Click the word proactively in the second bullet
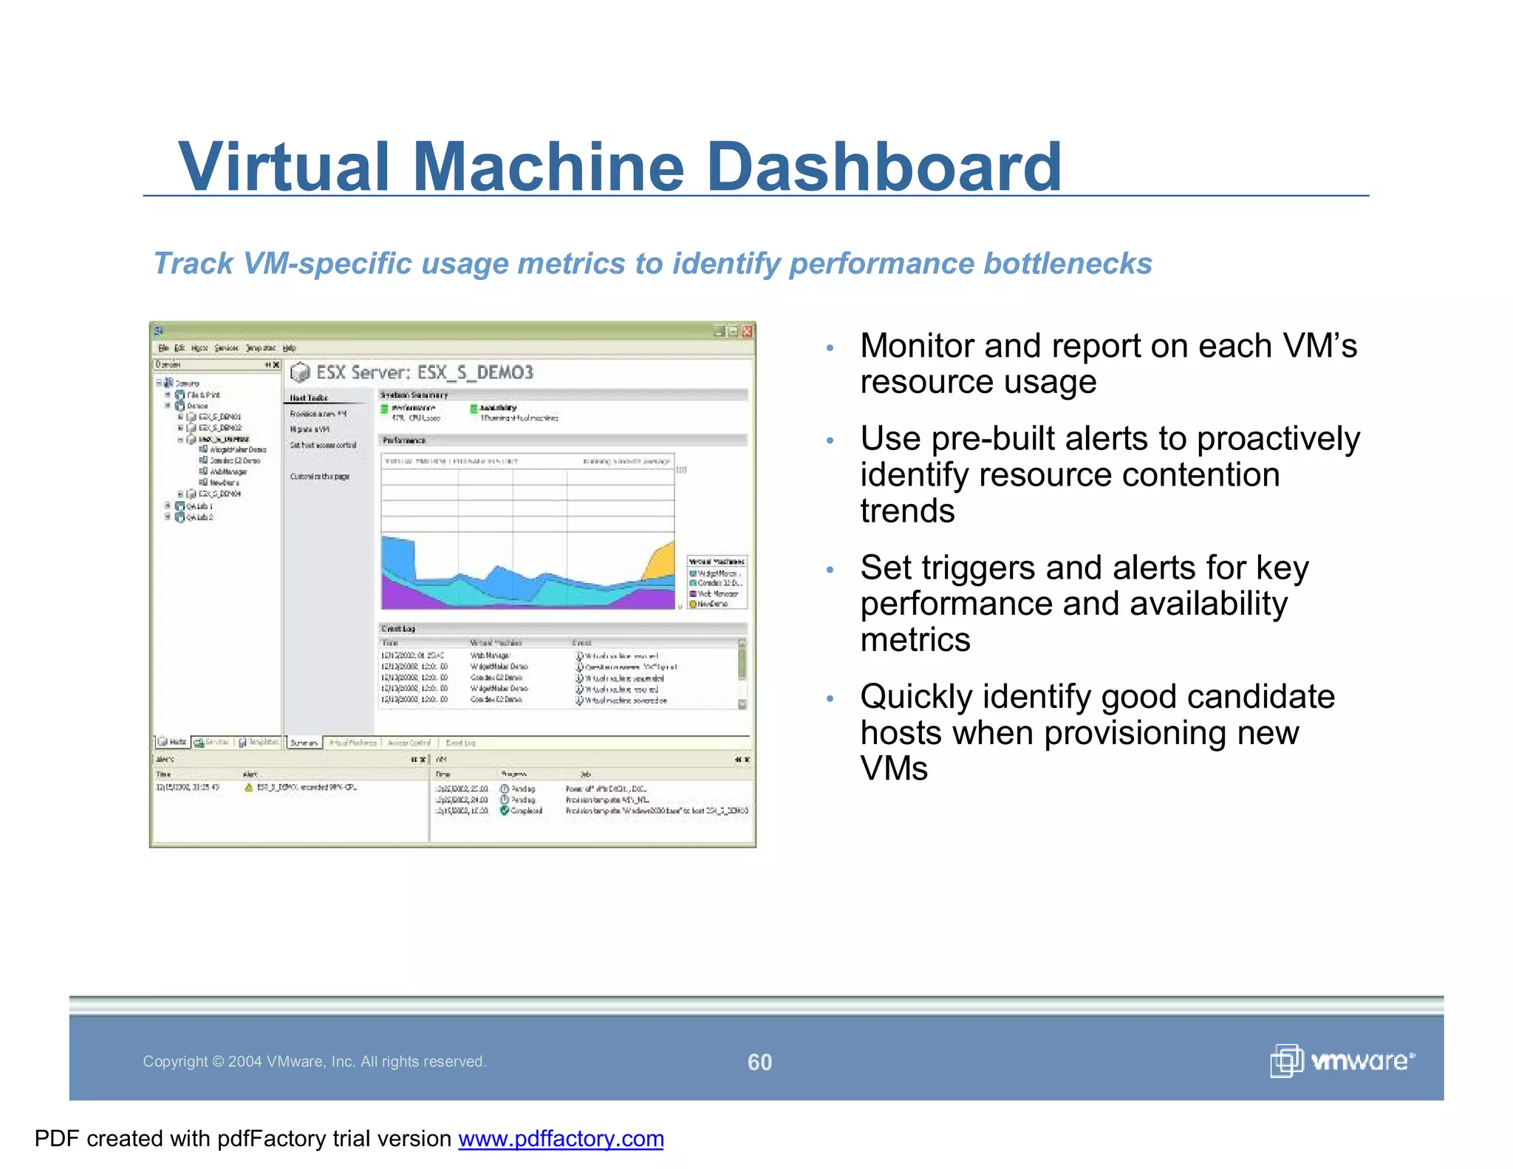(x=1278, y=439)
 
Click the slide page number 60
(x=759, y=1062)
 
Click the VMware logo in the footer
(x=1342, y=1061)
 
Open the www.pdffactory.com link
(x=561, y=1139)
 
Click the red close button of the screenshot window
(x=747, y=331)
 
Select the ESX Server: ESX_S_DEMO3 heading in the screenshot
(x=424, y=372)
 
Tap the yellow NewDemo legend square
(x=693, y=604)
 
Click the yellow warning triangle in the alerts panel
(x=249, y=788)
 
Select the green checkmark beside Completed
(x=505, y=811)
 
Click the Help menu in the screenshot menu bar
(x=290, y=348)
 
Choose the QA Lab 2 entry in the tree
(x=199, y=517)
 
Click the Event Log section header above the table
(x=398, y=629)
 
